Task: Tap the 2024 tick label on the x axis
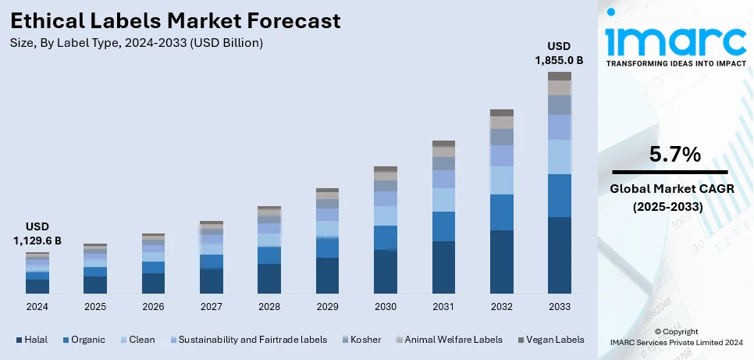click(x=37, y=307)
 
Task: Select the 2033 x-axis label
click(x=559, y=307)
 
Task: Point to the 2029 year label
click(x=327, y=307)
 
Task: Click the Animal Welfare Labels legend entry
click(x=450, y=340)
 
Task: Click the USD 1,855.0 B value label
click(x=559, y=52)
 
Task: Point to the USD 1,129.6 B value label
click(x=37, y=233)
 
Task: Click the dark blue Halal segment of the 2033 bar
click(x=559, y=255)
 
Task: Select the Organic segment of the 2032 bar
click(x=501, y=212)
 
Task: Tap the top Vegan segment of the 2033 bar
click(x=559, y=76)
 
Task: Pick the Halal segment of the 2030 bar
click(x=385, y=272)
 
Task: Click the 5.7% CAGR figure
click(x=675, y=155)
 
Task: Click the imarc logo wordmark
click(x=675, y=39)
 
